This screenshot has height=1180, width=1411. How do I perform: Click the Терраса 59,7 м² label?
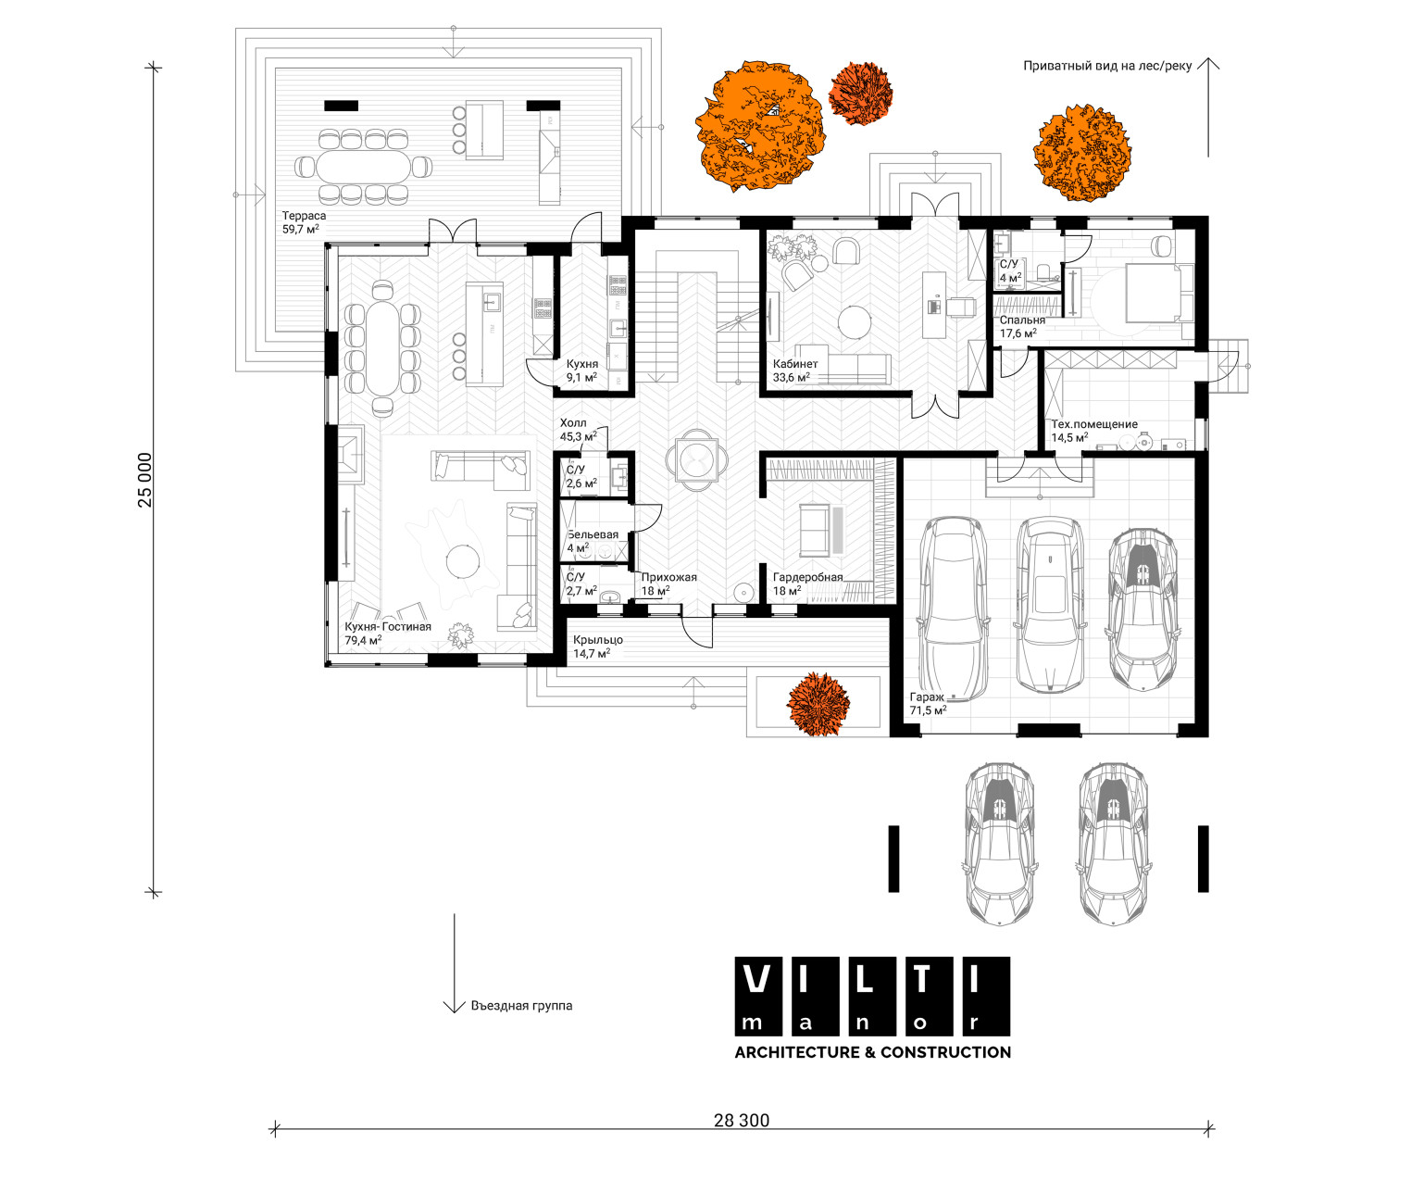tap(304, 222)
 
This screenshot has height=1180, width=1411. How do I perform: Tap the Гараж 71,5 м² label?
tap(928, 703)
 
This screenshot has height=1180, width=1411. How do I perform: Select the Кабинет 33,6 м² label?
tap(795, 370)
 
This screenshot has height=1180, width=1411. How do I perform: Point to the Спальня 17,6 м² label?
tap(1022, 327)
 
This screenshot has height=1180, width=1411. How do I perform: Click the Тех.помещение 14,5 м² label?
tap(1094, 431)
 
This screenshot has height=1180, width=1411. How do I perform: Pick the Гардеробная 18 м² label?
tap(807, 584)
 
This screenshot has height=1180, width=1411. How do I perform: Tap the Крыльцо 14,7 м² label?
tap(598, 646)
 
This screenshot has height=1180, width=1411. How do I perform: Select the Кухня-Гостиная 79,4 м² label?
tap(388, 633)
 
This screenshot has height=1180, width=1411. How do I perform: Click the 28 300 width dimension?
tap(742, 1121)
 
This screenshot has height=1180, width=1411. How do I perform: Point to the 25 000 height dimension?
tap(145, 480)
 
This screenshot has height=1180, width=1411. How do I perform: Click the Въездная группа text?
tap(521, 1006)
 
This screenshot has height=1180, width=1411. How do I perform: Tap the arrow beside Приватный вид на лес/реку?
tap(1208, 107)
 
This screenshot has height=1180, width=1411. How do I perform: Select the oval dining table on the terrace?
tap(364, 167)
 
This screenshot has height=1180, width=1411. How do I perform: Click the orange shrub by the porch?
tap(818, 704)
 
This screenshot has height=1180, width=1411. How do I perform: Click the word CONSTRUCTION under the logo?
tap(945, 1052)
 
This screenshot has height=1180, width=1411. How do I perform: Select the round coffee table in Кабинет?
tap(855, 322)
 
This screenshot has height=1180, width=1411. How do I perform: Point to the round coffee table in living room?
tap(463, 561)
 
